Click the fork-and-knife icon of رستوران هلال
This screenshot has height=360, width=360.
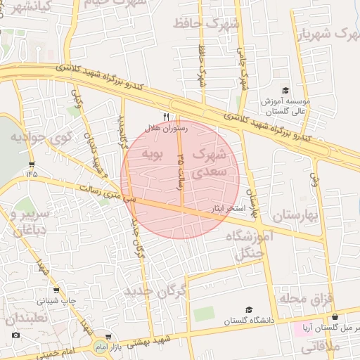click(167, 117)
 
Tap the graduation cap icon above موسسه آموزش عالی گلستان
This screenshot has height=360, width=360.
click(285, 90)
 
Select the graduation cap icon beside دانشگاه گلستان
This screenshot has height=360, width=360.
click(248, 309)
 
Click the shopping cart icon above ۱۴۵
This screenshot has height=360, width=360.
click(32, 164)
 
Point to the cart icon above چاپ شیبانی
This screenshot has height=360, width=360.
click(56, 289)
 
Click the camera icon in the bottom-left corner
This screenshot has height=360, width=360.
click(15, 335)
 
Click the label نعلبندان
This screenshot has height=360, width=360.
click(27, 319)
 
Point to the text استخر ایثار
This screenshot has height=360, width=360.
click(227, 210)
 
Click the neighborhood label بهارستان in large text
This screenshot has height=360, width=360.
click(294, 215)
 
